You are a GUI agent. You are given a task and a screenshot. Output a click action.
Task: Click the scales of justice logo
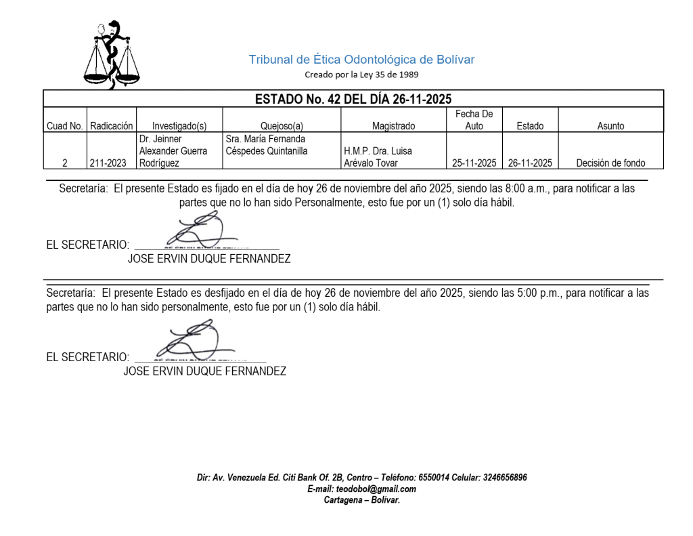[112, 56]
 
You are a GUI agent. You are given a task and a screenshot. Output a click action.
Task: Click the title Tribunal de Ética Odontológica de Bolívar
[361, 60]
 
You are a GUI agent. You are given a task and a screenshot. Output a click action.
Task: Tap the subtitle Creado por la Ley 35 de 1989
[361, 75]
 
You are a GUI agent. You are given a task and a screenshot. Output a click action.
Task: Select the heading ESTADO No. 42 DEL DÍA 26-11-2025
[353, 99]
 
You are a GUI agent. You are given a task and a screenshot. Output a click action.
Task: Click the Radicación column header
[112, 125]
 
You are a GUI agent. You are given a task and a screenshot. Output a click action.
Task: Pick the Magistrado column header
[393, 125]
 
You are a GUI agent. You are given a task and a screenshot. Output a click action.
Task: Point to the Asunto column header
[610, 125]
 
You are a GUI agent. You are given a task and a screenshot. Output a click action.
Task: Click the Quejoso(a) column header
[282, 125]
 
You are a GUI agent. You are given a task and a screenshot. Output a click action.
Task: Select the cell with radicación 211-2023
[108, 163]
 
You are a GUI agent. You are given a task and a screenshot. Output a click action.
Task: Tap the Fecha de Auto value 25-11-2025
[474, 163]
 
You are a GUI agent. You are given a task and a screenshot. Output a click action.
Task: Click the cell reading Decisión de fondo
[610, 163]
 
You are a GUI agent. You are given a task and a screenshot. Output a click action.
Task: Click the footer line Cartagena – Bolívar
[361, 500]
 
